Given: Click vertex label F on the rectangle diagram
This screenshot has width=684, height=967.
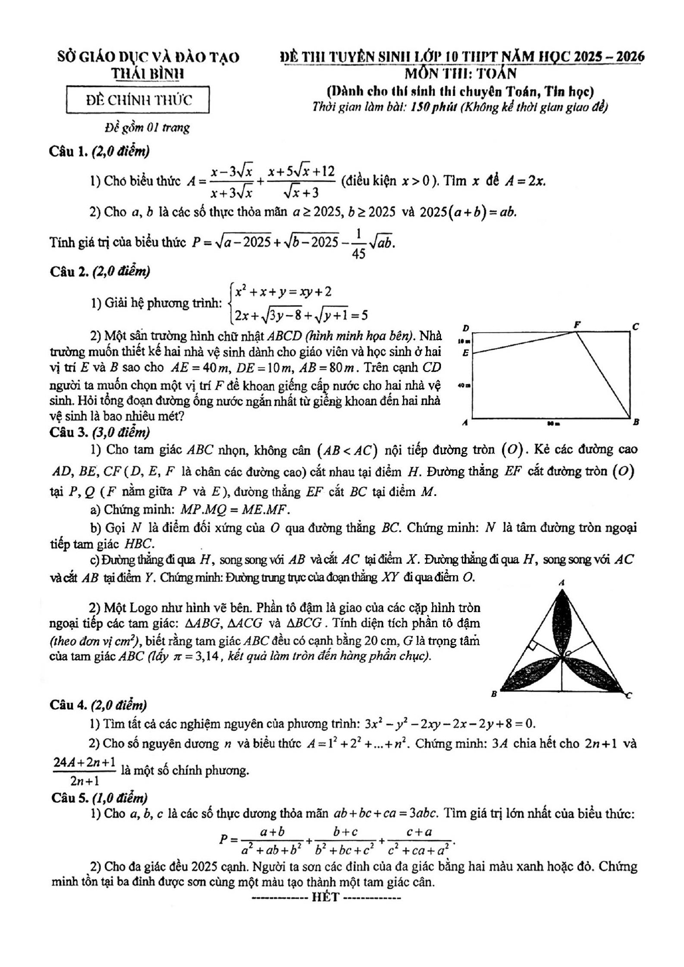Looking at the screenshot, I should point(577,325).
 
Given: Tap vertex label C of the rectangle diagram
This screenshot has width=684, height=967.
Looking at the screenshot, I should point(635,326).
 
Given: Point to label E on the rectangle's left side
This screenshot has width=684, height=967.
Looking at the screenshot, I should point(466,353).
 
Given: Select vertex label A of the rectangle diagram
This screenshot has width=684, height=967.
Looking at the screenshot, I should point(465,423).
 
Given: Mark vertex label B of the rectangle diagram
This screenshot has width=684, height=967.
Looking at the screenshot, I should point(635,423).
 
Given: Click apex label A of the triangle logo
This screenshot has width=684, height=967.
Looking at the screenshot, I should point(562,582).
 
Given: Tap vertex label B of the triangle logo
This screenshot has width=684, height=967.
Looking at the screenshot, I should point(494,694).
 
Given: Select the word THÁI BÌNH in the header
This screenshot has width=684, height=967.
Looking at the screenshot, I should point(148,74).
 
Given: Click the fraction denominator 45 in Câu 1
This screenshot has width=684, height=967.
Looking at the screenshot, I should point(358,254).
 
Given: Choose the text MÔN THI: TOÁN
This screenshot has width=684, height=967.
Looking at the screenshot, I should point(461,73).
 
